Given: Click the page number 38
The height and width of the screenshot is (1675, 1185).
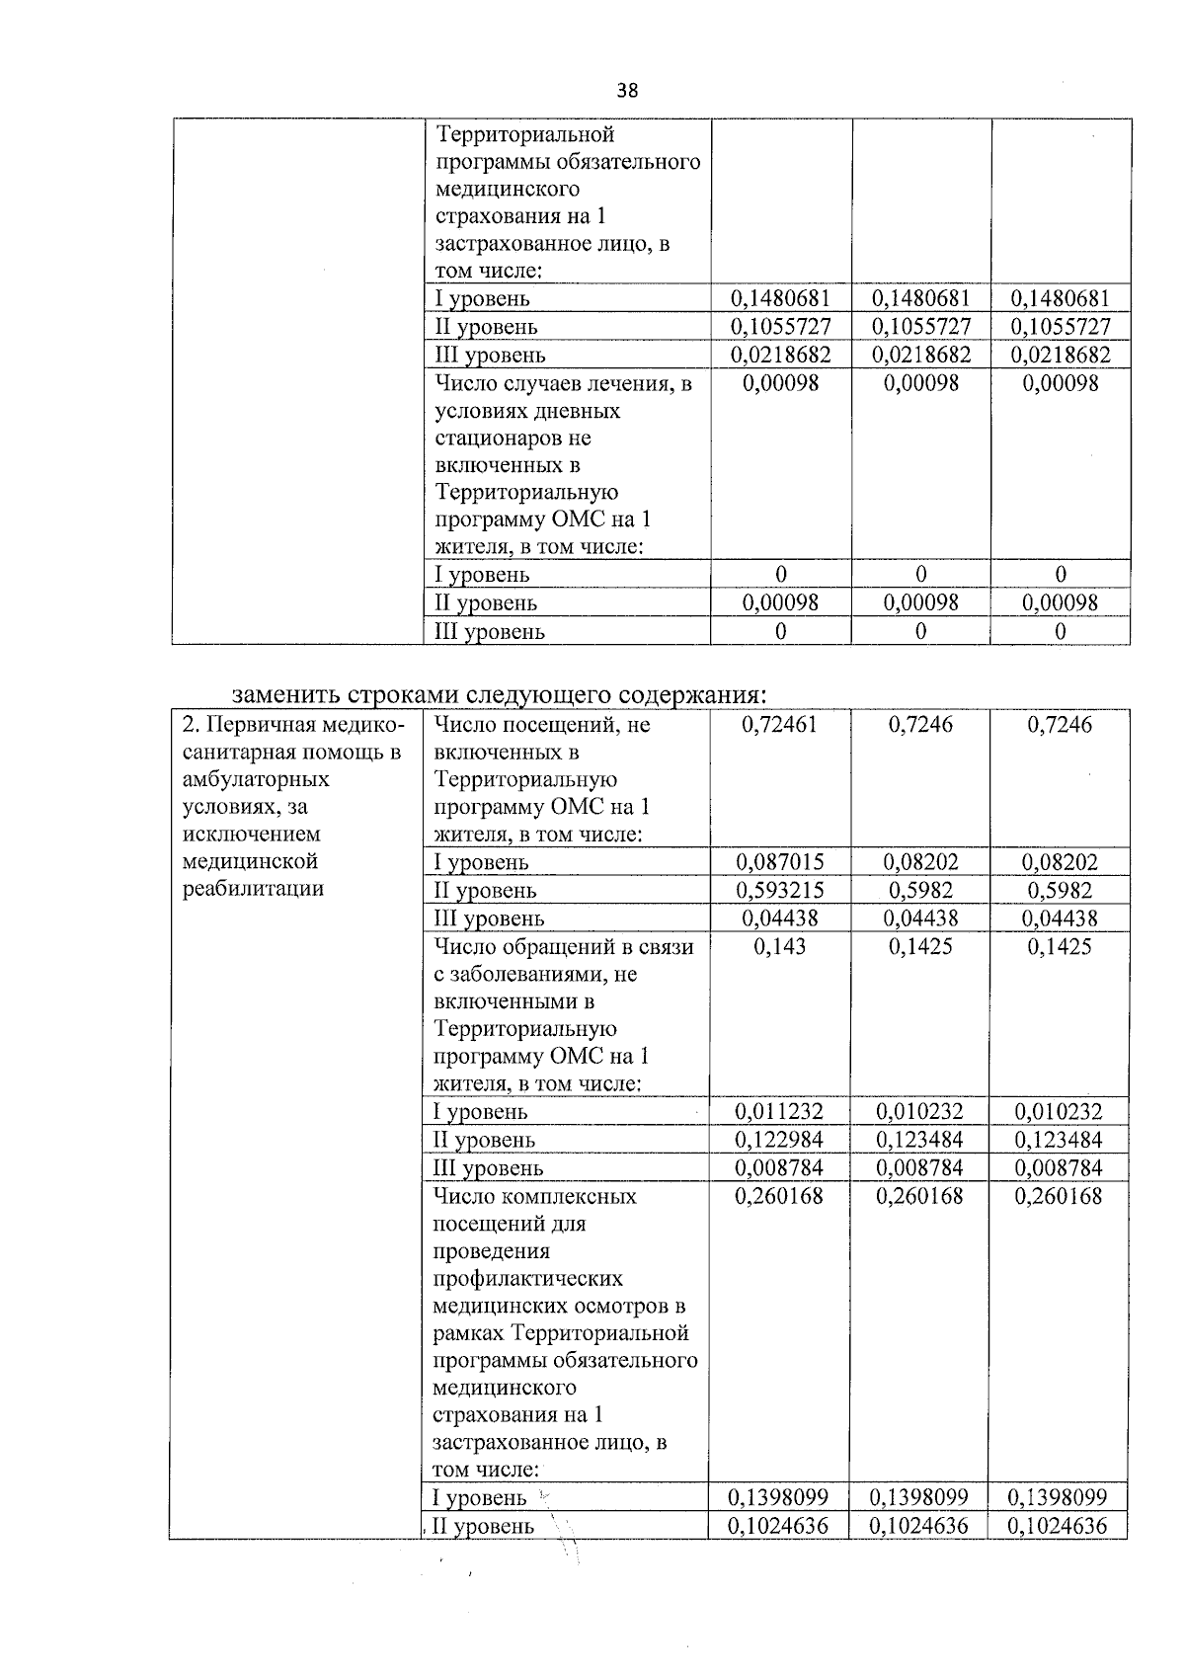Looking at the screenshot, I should point(627,91).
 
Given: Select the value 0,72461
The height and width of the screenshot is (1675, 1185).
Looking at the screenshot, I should point(779,725).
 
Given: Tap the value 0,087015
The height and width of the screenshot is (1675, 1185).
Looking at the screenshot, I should point(779,862).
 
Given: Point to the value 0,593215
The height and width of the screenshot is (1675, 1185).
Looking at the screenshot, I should point(779,890).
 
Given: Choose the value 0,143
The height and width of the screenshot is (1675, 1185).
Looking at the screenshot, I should point(779,947).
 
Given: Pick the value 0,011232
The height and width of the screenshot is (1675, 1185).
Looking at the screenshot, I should point(779,1112).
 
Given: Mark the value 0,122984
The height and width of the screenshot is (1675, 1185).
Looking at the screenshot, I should point(779,1140).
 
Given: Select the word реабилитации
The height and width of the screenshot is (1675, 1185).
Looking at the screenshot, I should point(254,889).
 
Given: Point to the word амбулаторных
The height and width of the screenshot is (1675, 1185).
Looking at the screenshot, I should point(257,779).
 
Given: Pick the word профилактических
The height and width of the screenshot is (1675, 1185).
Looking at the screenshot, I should point(528,1279).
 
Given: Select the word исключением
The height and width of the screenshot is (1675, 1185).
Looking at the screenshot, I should point(252,835).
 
